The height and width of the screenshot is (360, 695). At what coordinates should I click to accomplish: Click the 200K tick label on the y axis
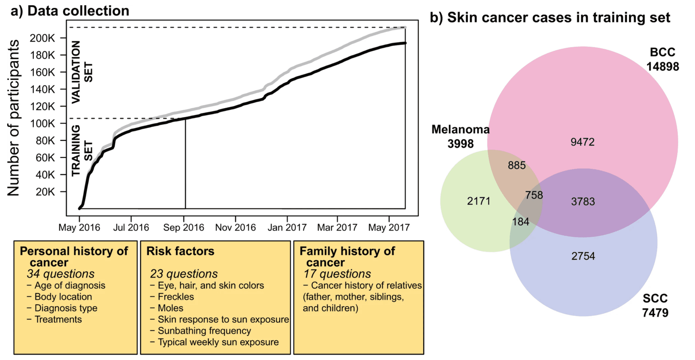[x=42, y=38]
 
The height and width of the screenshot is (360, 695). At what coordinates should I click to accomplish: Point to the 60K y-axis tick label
[x=45, y=158]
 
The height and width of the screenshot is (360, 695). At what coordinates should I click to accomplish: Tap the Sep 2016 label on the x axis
[x=184, y=227]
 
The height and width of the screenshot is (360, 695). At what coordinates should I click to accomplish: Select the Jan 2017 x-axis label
[x=287, y=227]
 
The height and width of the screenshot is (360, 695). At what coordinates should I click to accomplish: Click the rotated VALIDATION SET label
[x=82, y=72]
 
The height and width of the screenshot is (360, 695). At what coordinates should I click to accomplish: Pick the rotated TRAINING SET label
[x=82, y=150]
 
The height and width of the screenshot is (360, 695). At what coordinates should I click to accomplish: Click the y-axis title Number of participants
[x=14, y=118]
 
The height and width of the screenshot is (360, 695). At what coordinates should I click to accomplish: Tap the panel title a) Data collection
[x=70, y=11]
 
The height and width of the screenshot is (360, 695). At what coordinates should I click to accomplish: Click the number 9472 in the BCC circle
[x=582, y=142]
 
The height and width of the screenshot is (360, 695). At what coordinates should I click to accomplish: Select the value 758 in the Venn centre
[x=534, y=195]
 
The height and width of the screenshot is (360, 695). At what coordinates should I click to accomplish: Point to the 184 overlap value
[x=520, y=222]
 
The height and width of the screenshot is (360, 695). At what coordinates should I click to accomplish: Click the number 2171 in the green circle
[x=478, y=201]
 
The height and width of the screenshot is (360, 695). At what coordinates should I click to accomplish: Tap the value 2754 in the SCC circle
[x=583, y=256]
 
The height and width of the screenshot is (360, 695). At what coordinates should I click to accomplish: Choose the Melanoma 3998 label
[x=460, y=136]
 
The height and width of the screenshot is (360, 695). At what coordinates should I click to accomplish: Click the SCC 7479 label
[x=655, y=305]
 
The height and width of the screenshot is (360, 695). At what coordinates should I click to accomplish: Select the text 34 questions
[x=60, y=274]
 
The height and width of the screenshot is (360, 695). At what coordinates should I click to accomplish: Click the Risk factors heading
[x=180, y=251]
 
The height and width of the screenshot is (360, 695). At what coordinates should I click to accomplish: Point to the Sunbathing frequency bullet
[x=204, y=331]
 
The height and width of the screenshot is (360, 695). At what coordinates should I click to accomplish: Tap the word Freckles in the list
[x=176, y=297]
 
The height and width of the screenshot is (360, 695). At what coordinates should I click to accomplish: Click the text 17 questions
[x=337, y=274]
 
